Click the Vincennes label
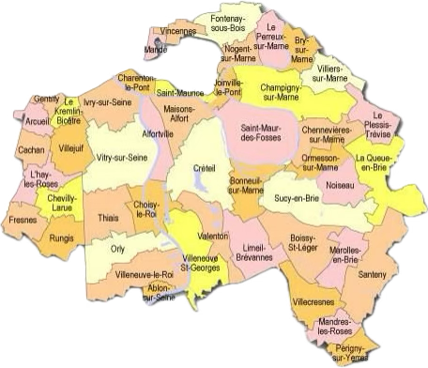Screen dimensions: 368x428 (x=178, y=30)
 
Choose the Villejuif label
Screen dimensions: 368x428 (x=71, y=147)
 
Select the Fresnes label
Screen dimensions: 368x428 (x=24, y=220)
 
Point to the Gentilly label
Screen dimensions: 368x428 (x=45, y=97)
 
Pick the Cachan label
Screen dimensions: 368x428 (x=31, y=150)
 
